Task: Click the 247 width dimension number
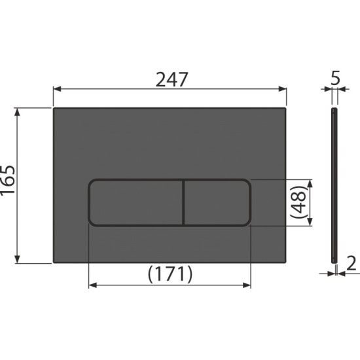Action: pyautogui.click(x=171, y=80)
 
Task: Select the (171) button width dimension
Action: pyautogui.click(x=170, y=274)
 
